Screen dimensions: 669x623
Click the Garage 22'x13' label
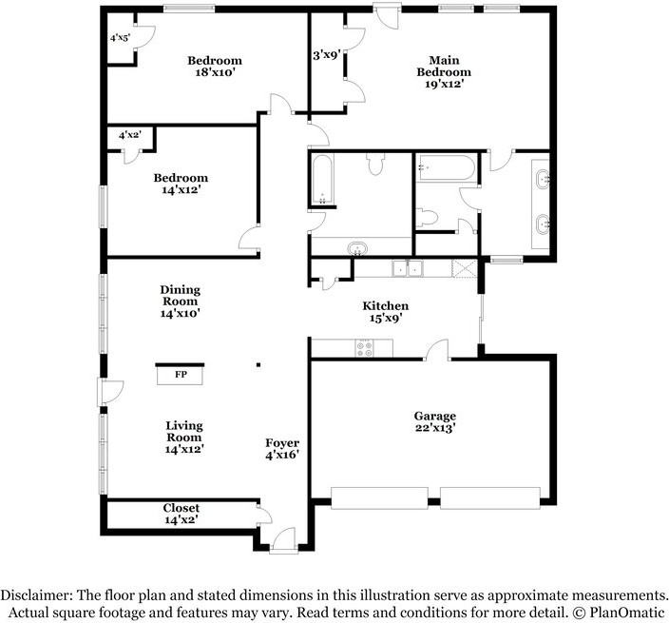tap(435, 422)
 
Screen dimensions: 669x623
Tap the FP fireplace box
tap(180, 375)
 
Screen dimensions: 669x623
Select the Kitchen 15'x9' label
tap(385, 312)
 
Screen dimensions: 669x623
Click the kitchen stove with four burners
tap(364, 347)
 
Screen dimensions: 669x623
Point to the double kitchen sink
tap(408, 268)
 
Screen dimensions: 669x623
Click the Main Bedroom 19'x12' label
tap(444, 71)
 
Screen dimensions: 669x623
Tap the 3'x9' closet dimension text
tap(326, 55)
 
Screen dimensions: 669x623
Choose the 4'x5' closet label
tap(120, 38)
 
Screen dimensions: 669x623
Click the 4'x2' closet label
tap(129, 135)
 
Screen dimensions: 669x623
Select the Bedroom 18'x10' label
tap(215, 67)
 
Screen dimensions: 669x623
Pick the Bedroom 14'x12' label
tap(181, 184)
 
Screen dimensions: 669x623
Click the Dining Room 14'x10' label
tap(180, 302)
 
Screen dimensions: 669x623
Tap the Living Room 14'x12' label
tap(184, 438)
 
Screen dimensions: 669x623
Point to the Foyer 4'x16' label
tap(282, 449)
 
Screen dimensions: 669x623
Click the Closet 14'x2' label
tap(181, 514)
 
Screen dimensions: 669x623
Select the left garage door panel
tap(380, 497)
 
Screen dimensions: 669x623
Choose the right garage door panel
tap(490, 497)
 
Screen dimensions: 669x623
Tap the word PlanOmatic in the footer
tap(626, 613)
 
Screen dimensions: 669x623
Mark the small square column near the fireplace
tap(258, 365)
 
